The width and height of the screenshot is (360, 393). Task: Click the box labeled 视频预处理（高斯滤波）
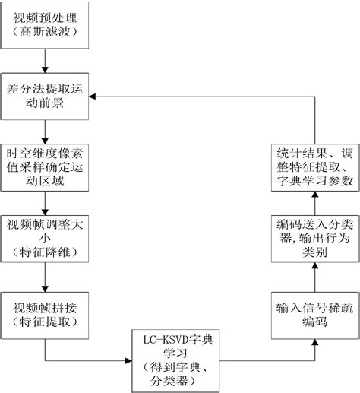(x=46, y=24)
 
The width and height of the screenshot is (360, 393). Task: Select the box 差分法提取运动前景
(x=46, y=96)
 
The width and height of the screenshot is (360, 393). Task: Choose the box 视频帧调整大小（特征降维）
(x=46, y=239)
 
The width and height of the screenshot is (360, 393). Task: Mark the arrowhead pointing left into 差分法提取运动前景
(x=96, y=96)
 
